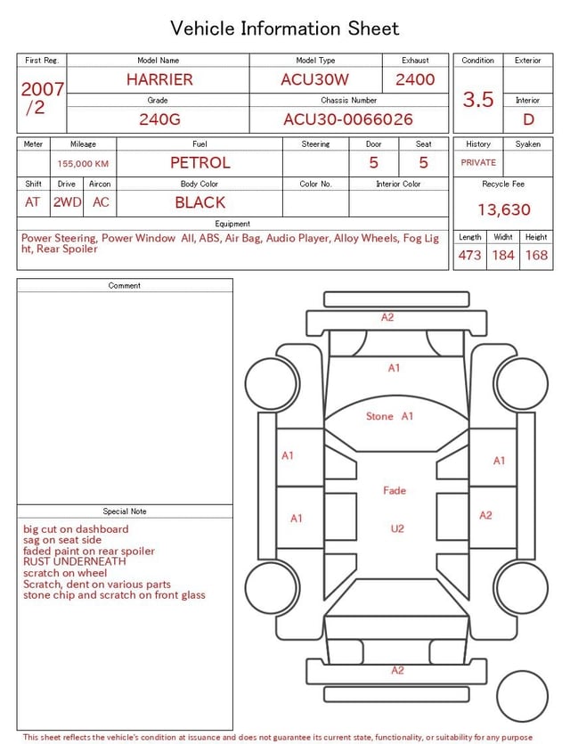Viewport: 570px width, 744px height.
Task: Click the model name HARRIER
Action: (159, 79)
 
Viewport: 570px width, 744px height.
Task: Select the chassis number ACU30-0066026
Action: (348, 119)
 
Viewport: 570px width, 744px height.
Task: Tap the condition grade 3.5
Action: (478, 100)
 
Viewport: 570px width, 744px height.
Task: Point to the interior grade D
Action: (528, 119)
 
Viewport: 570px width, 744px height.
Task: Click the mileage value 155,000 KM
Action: (83, 164)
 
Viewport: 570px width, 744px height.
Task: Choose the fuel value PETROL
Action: (200, 163)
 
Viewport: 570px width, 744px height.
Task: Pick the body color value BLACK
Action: (200, 202)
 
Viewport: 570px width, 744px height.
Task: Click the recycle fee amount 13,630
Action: (503, 209)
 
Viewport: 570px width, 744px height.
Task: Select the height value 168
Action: (536, 255)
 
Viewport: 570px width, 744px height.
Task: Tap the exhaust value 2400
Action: (415, 79)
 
